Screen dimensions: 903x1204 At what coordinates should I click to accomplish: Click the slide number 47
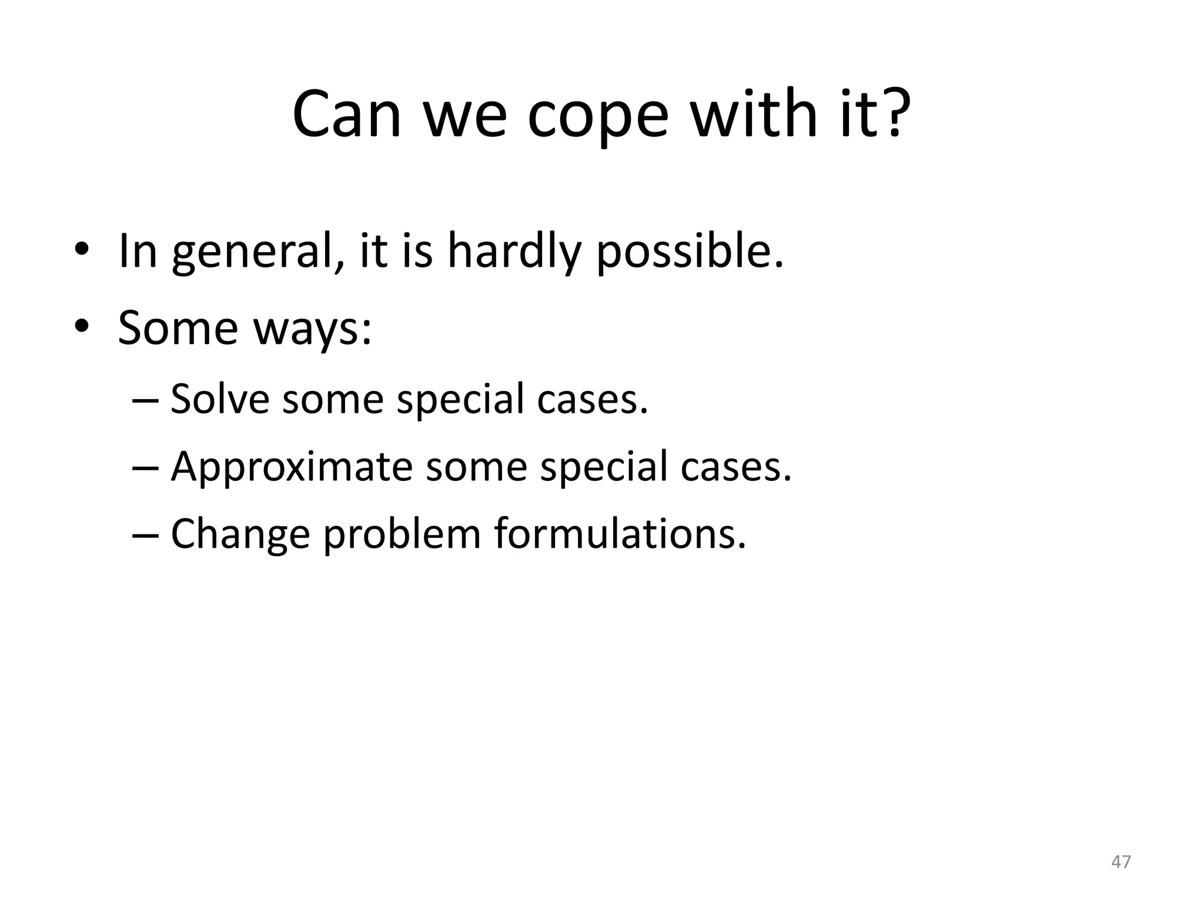pyautogui.click(x=1121, y=862)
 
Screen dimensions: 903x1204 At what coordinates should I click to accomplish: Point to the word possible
pyautogui.click(x=690, y=253)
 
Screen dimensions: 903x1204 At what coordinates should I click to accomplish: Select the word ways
pyautogui.click(x=313, y=329)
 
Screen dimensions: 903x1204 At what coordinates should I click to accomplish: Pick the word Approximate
pyautogui.click(x=292, y=467)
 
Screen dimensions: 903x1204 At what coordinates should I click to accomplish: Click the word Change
pyautogui.click(x=240, y=535)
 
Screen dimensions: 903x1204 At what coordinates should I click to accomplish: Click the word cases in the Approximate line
pyautogui.click(x=736, y=468)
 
